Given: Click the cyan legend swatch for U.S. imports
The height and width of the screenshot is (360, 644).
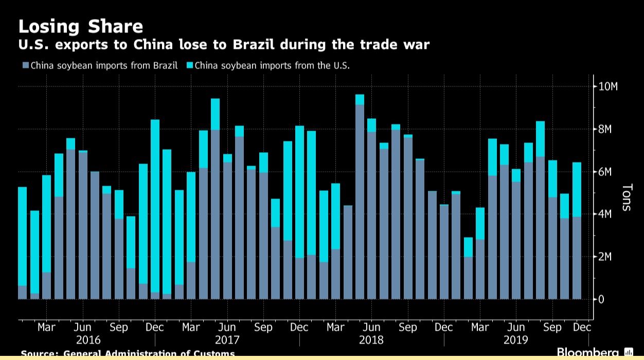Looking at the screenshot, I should [189, 65].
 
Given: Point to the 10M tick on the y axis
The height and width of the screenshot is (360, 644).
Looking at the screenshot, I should [607, 86].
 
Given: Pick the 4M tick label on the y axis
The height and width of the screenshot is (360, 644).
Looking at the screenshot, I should [604, 214].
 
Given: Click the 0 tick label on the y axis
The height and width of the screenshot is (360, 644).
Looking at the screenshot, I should [601, 299].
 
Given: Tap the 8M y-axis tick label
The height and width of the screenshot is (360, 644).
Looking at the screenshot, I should [604, 129].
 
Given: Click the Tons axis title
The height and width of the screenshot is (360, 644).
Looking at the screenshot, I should [627, 197].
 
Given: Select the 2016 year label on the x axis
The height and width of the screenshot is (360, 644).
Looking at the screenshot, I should [88, 340].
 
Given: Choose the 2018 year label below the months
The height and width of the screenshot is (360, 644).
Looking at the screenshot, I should [371, 340].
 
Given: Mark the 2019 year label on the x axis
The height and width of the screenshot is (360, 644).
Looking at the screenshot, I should [515, 340].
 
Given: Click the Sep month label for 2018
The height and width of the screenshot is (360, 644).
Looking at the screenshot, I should [407, 327].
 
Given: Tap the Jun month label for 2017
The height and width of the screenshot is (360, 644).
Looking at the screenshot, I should [227, 327].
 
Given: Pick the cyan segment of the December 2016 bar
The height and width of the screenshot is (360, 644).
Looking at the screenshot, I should [155, 206].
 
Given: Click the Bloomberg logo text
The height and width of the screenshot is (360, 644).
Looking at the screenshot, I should [587, 353].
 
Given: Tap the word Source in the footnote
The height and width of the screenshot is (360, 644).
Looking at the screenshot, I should [39, 354].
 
